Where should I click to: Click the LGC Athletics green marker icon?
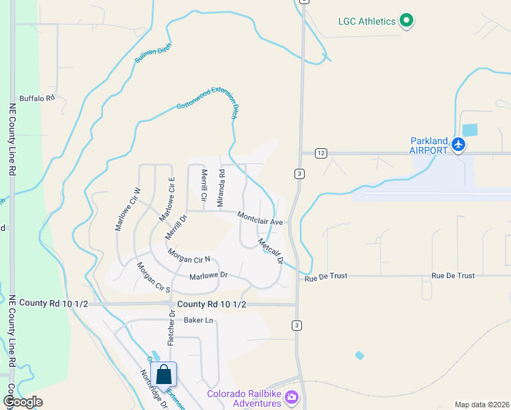406,20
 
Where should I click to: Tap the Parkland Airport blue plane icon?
458,145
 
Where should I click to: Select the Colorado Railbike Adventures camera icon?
292,396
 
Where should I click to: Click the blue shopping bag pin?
163,374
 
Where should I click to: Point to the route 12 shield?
320,153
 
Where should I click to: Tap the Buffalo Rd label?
36,98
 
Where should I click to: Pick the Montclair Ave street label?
260,218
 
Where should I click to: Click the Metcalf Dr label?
271,251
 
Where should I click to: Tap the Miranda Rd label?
221,188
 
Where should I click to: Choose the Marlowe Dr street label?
208,276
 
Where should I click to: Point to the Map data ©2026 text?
482,405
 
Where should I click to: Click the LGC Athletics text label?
367,21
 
